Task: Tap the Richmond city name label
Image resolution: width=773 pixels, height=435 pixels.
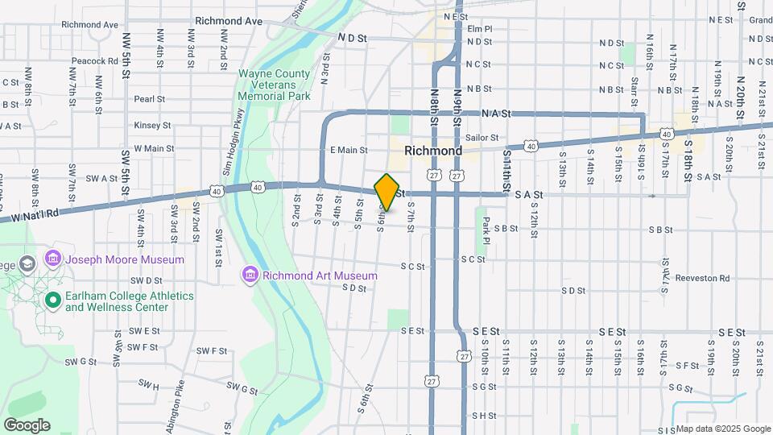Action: pos(433,151)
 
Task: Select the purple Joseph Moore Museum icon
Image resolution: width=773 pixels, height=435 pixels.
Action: pos(53,259)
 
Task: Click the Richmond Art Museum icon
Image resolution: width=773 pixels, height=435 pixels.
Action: pos(250,276)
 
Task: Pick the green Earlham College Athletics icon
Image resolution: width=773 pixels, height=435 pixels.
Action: pos(53,300)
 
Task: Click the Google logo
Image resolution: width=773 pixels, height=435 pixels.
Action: pos(27,425)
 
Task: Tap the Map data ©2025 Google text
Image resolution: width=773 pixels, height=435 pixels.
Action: pos(723,429)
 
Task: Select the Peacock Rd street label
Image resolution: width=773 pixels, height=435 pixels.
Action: pos(95,61)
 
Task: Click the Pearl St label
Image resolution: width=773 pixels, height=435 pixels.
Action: pos(150,99)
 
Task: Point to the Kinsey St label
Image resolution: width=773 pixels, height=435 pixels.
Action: pos(152,125)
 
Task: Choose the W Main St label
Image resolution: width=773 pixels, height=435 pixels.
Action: pos(154,148)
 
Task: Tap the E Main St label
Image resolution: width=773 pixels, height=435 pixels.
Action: pos(348,150)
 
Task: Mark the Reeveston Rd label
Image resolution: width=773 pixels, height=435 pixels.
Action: pos(702,279)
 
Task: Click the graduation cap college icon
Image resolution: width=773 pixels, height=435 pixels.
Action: pos(27,264)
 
